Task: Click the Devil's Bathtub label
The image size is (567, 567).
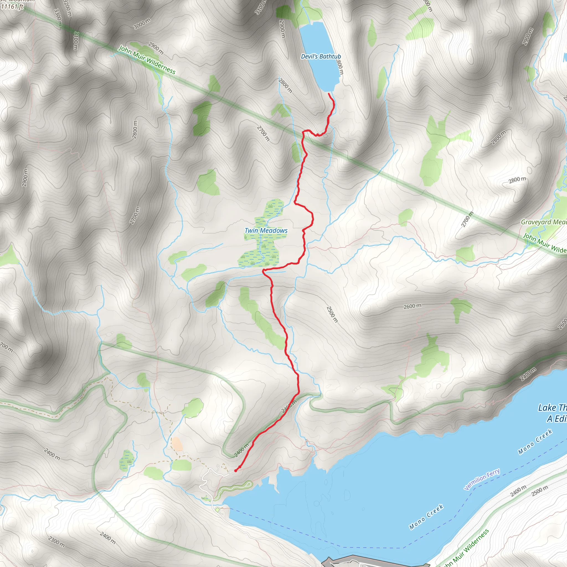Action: [321, 56]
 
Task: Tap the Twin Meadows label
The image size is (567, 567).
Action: [266, 231]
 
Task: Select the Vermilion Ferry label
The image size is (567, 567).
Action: [482, 479]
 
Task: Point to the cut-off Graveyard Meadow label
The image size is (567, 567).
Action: [543, 222]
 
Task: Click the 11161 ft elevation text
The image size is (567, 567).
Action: [12, 6]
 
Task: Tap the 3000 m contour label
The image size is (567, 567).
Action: [142, 24]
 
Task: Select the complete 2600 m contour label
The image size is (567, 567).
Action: [412, 306]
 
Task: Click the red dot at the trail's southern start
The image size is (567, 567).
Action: [236, 471]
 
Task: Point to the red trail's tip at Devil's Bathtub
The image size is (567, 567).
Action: [329, 94]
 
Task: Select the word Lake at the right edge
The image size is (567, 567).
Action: [547, 408]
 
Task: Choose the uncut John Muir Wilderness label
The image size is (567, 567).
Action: [146, 60]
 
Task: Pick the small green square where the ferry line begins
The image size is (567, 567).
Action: [217, 510]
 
